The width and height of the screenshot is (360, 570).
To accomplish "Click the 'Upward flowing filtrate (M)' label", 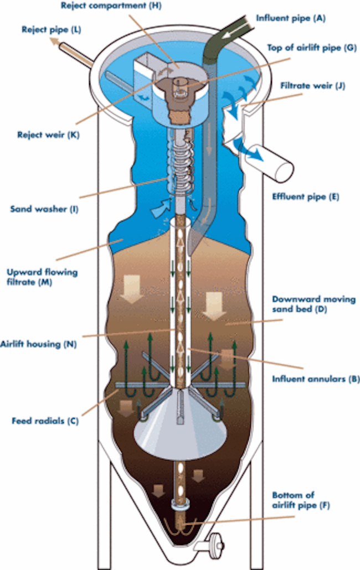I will click(42, 277).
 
